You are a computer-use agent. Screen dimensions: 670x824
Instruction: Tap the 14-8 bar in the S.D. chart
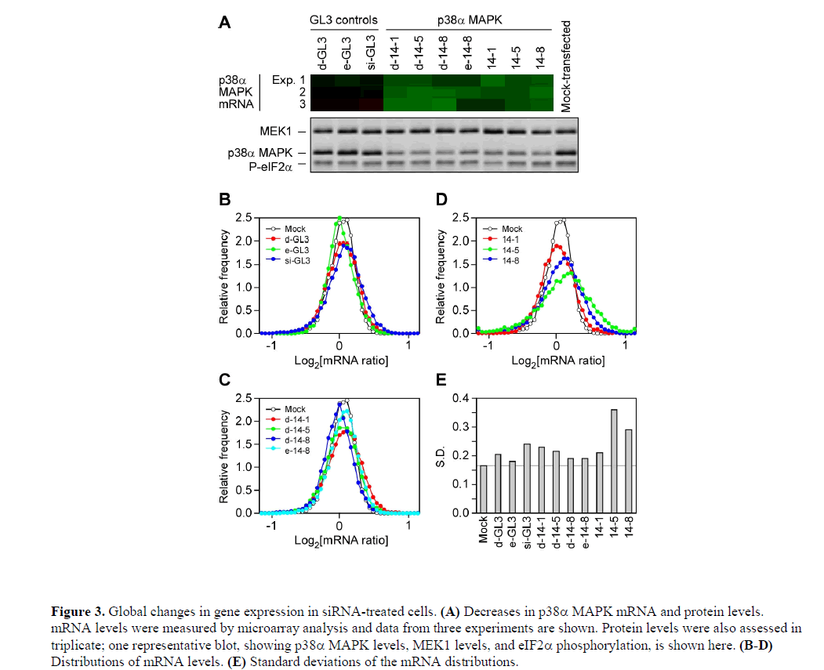coord(628,471)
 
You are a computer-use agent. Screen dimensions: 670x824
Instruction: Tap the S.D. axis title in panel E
coord(445,455)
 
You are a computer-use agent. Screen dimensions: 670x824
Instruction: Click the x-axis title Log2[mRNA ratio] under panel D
coord(557,360)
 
